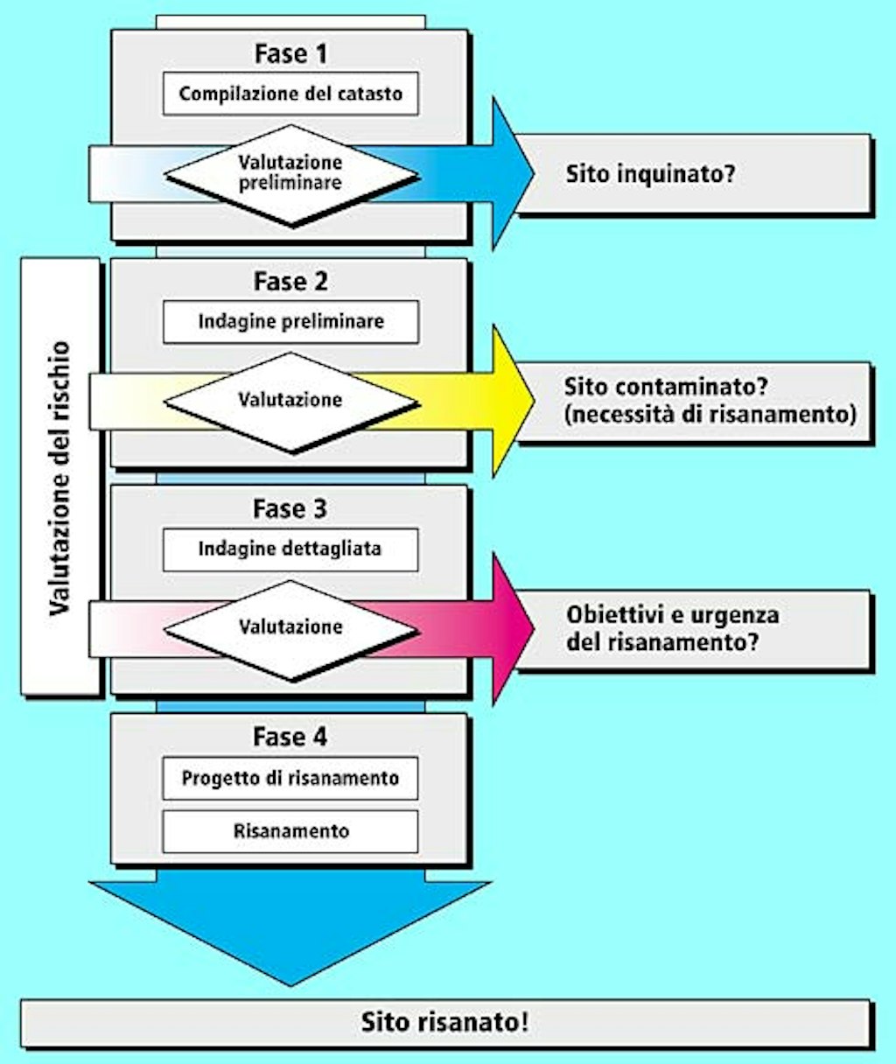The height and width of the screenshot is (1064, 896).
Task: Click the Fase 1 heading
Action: click(x=290, y=53)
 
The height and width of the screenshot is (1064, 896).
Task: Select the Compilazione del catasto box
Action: click(x=290, y=94)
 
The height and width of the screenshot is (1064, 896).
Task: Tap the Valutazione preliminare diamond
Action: click(x=290, y=173)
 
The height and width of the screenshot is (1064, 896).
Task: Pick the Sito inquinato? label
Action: click(x=649, y=173)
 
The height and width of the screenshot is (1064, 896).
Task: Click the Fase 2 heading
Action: click(x=290, y=281)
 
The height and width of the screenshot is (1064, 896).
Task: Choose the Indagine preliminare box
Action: click(x=290, y=321)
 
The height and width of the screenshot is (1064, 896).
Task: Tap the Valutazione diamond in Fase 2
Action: click(x=290, y=401)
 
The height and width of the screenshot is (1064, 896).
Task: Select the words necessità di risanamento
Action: click(x=710, y=414)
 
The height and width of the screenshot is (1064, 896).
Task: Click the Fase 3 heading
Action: click(x=290, y=508)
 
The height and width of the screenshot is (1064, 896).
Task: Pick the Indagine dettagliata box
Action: click(x=290, y=549)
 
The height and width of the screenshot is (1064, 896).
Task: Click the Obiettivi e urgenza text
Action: click(x=672, y=614)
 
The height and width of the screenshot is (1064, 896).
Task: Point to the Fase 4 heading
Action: click(x=290, y=737)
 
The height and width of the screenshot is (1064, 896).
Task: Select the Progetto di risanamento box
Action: click(x=290, y=778)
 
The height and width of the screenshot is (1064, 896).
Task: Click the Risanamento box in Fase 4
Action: click(x=290, y=830)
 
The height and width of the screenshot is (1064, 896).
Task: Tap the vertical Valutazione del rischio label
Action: click(x=59, y=477)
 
